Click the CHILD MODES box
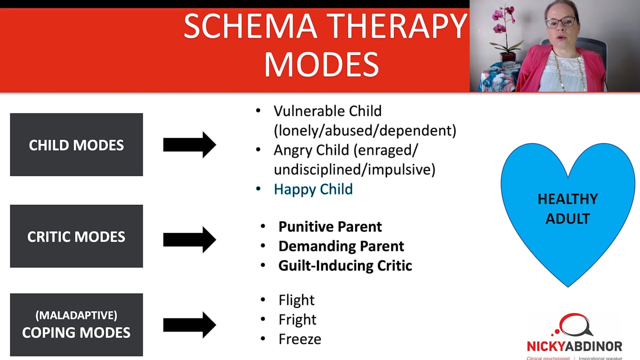76,144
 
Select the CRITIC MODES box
76,236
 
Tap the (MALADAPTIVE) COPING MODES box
76,324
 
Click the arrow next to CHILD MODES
189,145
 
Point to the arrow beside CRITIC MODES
189,239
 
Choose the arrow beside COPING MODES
189,325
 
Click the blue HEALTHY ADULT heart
567,210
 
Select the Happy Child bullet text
313,189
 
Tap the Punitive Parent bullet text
330,226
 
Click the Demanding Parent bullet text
341,246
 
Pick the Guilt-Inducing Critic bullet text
345,265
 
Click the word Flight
296,300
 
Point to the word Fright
297,319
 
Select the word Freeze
299,339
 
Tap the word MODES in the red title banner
321,64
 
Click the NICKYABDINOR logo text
574,346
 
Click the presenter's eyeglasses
560,22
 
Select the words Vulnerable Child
327,111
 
